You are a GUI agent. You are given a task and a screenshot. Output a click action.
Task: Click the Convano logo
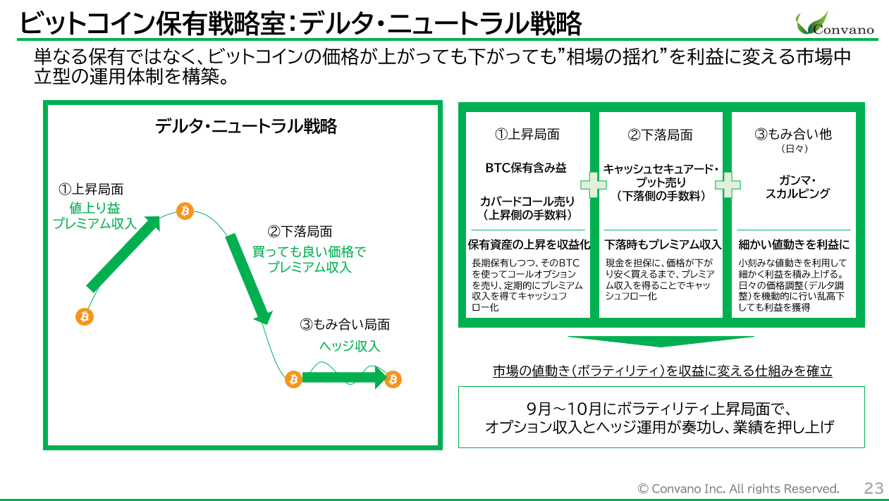835,23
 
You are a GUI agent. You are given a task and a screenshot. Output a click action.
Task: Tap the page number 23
873,488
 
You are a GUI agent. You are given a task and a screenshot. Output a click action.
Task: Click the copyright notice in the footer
738,488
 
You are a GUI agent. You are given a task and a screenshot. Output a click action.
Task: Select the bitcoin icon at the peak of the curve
185,211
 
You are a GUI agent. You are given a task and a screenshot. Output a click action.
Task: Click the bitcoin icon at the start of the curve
85,316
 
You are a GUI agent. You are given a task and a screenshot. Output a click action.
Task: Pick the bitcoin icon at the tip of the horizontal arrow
393,380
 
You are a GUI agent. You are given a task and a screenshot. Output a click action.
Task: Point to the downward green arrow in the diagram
248,279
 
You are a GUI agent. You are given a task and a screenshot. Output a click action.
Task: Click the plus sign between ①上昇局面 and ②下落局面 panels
594,185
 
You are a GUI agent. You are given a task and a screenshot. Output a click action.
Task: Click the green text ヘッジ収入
350,346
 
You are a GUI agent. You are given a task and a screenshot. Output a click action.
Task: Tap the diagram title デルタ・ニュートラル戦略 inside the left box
245,127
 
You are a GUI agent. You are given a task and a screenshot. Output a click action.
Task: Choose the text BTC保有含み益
526,168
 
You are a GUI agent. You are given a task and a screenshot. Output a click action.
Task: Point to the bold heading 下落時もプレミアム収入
663,245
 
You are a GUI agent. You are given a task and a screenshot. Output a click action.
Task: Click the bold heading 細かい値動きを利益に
794,245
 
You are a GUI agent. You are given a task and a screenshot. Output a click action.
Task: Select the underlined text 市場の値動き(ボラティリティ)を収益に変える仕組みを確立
662,371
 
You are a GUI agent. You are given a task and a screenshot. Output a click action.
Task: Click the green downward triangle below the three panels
661,341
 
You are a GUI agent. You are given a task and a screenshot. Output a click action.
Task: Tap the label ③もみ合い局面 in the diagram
345,325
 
